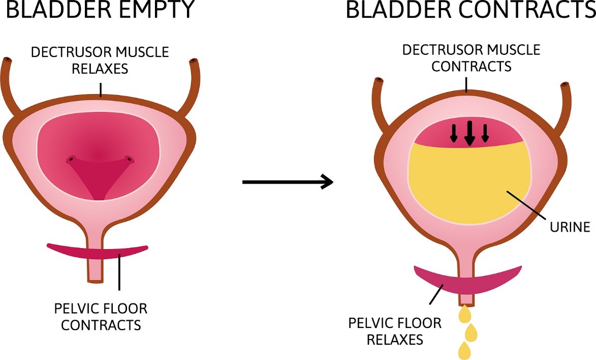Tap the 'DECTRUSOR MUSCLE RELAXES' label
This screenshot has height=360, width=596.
click(100, 60)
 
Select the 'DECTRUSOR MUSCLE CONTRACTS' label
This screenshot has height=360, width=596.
click(470, 58)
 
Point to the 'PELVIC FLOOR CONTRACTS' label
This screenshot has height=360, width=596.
click(100, 316)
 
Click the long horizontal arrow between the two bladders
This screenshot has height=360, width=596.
click(287, 182)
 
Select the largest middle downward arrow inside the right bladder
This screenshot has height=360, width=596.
click(470, 133)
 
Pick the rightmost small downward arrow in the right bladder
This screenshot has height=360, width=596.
click(485, 133)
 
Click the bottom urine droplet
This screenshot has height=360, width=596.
click(464, 350)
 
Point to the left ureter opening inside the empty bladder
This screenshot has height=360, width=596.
click(71, 160)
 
